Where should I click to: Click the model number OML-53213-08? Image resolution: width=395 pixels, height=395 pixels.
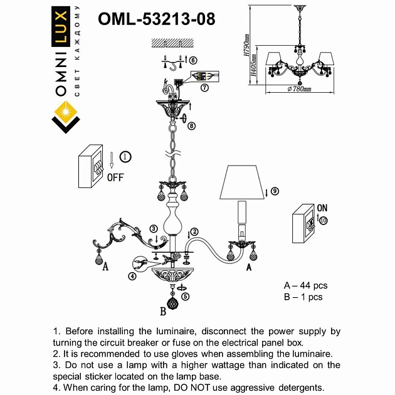(156, 19)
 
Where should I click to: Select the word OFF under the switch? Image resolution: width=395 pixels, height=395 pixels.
(115, 176)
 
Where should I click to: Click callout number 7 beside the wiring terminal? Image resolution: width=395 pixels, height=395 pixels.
(204, 88)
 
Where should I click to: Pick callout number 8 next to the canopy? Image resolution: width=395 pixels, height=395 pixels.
(192, 125)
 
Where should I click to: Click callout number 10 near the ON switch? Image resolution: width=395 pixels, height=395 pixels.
(323, 220)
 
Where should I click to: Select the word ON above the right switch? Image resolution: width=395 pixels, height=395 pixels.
(322, 207)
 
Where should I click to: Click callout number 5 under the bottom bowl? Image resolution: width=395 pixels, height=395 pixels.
(185, 297)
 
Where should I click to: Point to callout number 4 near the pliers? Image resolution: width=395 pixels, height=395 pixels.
(132, 276)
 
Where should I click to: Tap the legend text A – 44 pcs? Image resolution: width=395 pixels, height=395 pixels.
(305, 286)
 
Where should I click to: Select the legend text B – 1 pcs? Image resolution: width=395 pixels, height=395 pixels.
(303, 297)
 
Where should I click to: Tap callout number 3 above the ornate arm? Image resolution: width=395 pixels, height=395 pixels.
(153, 228)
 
